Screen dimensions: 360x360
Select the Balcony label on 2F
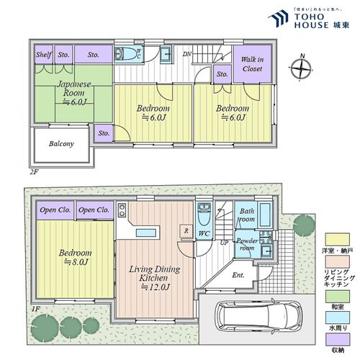click(61, 144)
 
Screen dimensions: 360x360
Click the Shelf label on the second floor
click(43, 54)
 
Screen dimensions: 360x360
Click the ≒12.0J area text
click(154, 287)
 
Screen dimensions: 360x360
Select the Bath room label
click(247, 215)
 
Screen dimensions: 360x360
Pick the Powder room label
click(247, 244)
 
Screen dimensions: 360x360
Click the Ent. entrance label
click(238, 274)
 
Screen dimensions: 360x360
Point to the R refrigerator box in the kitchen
click(186, 231)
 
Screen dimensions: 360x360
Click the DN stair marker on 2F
click(186, 54)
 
